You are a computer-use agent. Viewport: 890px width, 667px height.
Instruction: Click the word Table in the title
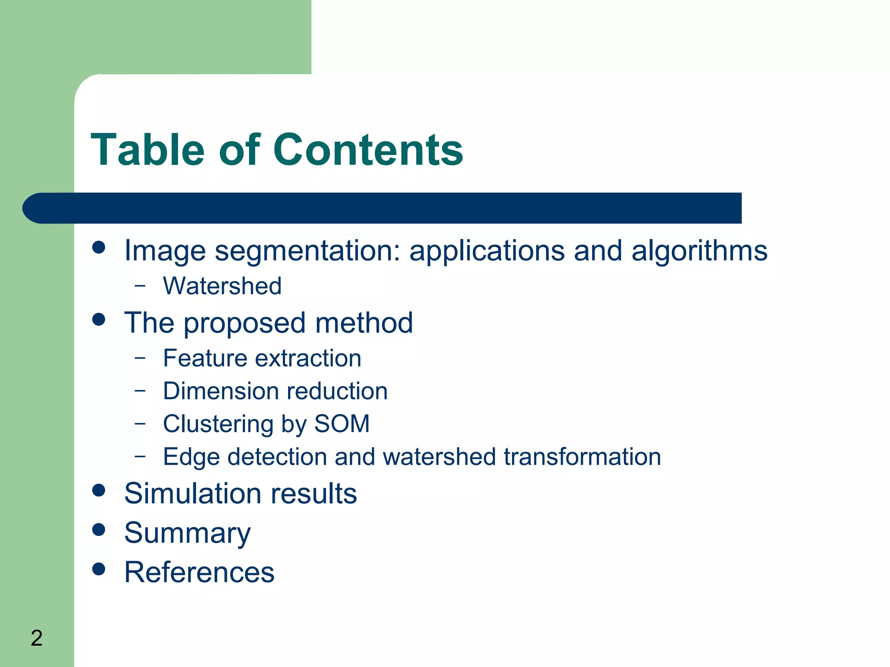[x=147, y=150]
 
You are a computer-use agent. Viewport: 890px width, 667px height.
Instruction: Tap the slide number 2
[x=37, y=638]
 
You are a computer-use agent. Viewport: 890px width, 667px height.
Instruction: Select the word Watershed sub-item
[x=222, y=286]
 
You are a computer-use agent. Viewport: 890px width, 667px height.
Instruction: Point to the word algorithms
[x=699, y=251]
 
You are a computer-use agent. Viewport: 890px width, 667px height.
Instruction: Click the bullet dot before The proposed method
[x=99, y=320]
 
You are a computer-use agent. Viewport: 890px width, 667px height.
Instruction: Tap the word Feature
[x=205, y=358]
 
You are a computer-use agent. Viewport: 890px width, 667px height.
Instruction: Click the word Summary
[x=187, y=533]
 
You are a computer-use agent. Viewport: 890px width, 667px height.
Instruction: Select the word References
[x=199, y=572]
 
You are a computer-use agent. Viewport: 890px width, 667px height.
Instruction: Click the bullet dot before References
[x=99, y=569]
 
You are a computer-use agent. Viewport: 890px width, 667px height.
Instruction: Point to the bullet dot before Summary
[x=99, y=529]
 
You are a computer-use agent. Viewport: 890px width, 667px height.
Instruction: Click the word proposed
[x=245, y=324]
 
